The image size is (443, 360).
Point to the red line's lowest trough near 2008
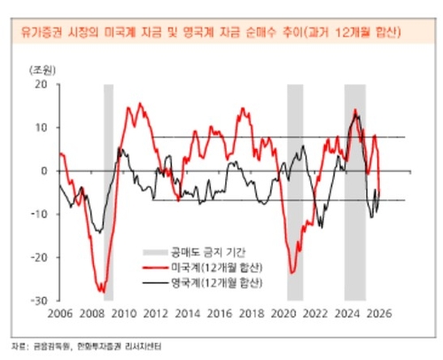click(102, 291)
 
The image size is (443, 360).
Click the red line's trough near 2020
click(290, 272)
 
